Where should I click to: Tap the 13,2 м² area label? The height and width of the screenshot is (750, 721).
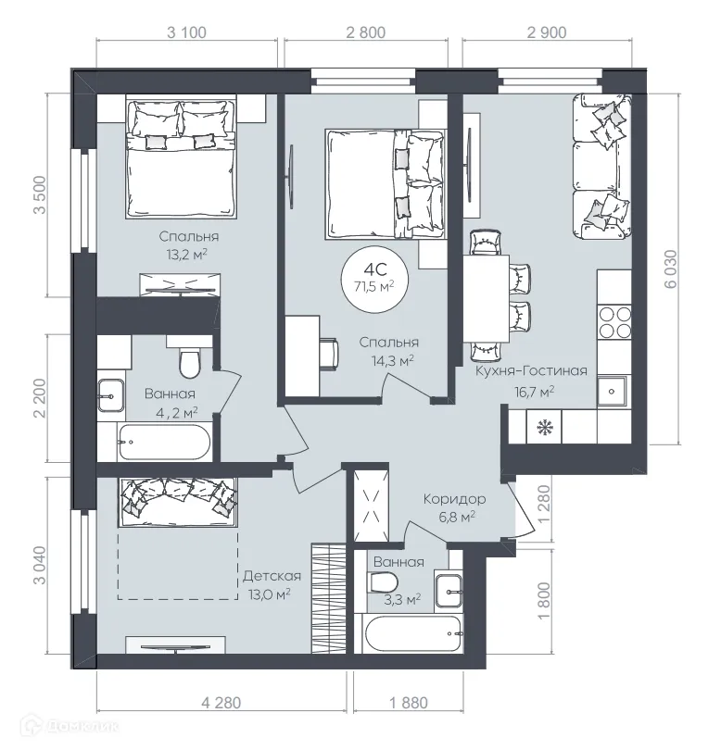(x=182, y=255)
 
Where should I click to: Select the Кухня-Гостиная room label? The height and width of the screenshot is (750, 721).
(x=531, y=371)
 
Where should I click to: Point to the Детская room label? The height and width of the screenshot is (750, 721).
(x=272, y=575)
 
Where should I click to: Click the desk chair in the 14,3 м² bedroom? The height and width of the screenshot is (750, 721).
(x=329, y=352)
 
